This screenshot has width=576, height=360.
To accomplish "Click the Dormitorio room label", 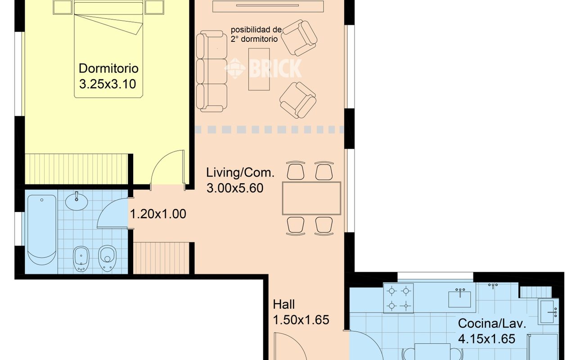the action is (108, 68).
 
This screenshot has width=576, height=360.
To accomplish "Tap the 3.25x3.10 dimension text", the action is (108, 84).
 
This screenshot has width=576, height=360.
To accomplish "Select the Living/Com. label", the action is (240, 172).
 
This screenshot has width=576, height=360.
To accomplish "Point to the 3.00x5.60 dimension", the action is (235, 188).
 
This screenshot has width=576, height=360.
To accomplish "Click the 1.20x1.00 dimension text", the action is (158, 214).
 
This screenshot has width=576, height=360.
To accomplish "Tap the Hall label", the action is (283, 305).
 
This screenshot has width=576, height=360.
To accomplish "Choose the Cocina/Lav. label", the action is (492, 324).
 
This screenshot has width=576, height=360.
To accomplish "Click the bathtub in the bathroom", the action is (42, 229).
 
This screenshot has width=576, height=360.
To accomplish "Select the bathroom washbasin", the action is (76, 201).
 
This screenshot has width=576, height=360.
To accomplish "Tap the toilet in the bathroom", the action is (107, 258).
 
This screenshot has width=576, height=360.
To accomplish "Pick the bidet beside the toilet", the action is (81, 259).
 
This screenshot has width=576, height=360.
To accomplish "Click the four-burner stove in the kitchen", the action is (398, 298).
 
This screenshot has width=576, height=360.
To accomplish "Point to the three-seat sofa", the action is (211, 71).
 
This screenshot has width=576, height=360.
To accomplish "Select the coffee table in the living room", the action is (259, 69).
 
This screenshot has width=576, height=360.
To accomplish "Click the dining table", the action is (311, 198).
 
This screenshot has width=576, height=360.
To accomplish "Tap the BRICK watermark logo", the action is (263, 68).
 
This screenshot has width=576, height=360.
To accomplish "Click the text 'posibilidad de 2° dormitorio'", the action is (256, 34).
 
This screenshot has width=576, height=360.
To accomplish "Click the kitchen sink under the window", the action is (459, 299).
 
